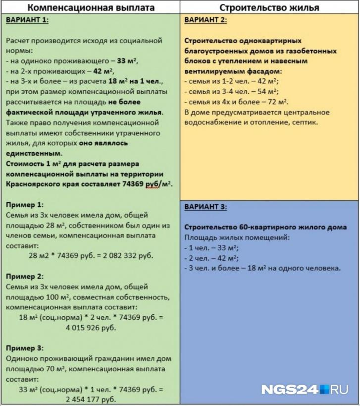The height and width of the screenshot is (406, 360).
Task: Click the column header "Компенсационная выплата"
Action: pyautogui.click(x=91, y=7)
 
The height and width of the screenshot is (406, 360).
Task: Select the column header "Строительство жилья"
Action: pyautogui.click(x=269, y=7)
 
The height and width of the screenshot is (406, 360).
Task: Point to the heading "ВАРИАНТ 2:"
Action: pyautogui.click(x=206, y=20)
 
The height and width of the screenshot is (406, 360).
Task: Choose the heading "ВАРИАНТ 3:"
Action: pyautogui.click(x=206, y=207)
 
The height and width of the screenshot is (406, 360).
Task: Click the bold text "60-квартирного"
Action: pyautogui.click(x=254, y=228)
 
